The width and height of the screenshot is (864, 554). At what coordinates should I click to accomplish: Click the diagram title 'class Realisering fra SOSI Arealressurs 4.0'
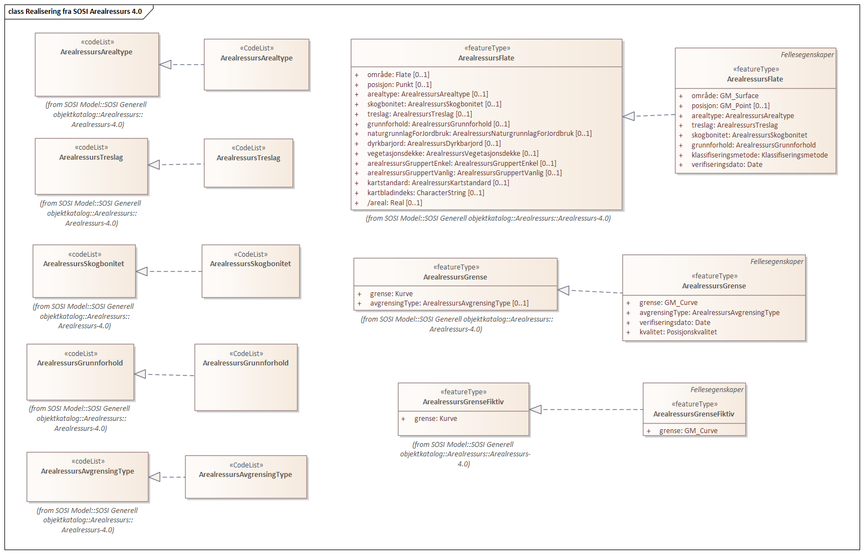[75, 11]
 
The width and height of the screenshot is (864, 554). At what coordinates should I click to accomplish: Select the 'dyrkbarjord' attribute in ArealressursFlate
[433, 144]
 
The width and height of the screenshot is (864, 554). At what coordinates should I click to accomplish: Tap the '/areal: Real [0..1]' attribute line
[394, 203]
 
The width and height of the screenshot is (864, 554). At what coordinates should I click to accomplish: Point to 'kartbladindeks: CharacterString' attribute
[425, 193]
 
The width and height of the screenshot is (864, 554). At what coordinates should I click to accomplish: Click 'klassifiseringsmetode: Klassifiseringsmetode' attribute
[759, 155]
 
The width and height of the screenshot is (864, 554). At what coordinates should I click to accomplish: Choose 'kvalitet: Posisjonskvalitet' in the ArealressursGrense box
[678, 332]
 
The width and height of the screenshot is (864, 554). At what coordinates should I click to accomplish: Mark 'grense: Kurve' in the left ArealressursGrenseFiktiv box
[435, 419]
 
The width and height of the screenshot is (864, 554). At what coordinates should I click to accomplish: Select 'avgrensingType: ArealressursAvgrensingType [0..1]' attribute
[449, 303]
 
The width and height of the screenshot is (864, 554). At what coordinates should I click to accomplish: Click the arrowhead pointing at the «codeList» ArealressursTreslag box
[154, 165]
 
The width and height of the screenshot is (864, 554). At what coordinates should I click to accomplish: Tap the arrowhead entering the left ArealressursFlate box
[628, 116]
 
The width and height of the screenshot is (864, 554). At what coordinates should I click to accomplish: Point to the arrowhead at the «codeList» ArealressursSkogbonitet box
[142, 271]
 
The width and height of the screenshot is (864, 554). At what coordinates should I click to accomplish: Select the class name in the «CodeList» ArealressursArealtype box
[256, 58]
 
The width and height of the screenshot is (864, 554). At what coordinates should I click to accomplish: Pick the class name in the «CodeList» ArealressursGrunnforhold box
[246, 363]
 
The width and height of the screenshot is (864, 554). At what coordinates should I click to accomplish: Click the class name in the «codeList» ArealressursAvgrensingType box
[88, 471]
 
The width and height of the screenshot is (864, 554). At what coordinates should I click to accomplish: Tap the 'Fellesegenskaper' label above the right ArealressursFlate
[807, 55]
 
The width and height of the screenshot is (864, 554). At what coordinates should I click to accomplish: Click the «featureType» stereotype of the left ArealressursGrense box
[456, 267]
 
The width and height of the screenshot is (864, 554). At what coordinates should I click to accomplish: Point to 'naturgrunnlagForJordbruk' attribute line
[479, 134]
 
